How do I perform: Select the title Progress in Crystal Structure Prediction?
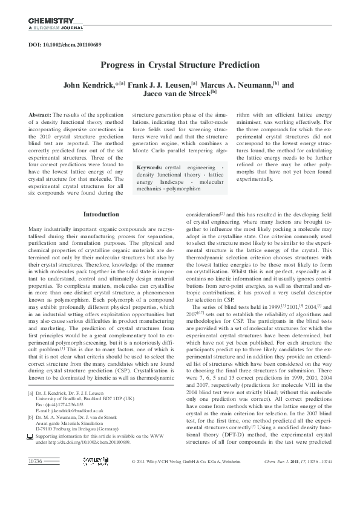(180, 65)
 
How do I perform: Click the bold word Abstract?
(40, 114)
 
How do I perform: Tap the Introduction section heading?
(101, 214)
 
